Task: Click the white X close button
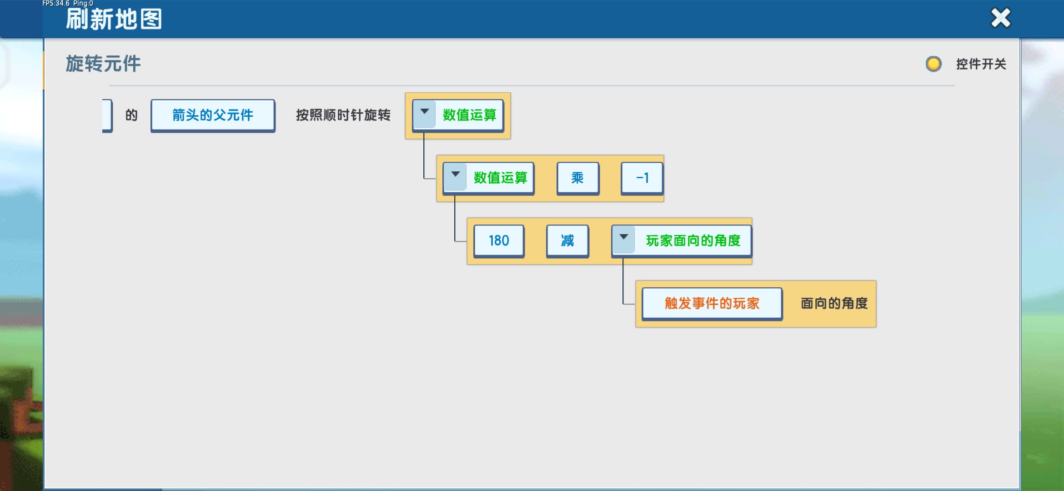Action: click(1000, 18)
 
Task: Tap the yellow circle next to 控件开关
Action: click(934, 64)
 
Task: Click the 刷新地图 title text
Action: click(114, 19)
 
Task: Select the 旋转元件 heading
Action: click(103, 64)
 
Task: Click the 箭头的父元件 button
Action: click(213, 115)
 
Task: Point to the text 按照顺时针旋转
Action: click(343, 115)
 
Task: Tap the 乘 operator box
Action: click(577, 178)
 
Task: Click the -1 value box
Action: click(642, 178)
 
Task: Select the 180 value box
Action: click(499, 240)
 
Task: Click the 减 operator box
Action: click(567, 240)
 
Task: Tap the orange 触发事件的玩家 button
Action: click(712, 303)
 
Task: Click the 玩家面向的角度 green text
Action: click(693, 240)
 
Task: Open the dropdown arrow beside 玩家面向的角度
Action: click(624, 238)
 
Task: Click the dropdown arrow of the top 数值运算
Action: click(425, 112)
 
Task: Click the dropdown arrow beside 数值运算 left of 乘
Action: click(455, 175)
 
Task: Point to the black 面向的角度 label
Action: click(834, 303)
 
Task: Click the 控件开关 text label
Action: click(981, 64)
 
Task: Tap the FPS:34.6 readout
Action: click(56, 4)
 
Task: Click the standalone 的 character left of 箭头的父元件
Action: click(131, 115)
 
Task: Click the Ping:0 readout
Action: click(83, 4)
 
